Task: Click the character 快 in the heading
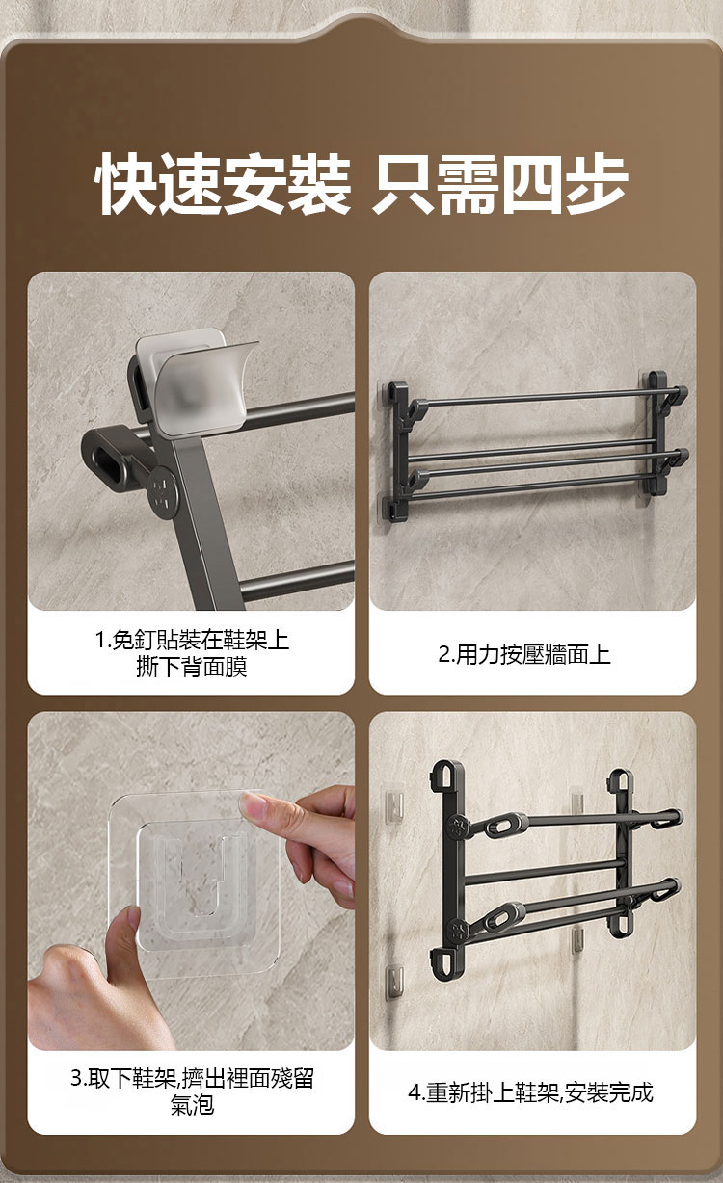point(125,183)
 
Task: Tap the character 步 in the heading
point(596,183)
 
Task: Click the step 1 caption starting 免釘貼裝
point(193,640)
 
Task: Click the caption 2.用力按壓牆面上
point(524,654)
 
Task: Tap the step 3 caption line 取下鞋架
point(193,1078)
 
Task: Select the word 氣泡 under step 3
point(193,1104)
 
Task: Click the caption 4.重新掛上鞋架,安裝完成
point(530,1091)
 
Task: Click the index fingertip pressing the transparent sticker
point(253,804)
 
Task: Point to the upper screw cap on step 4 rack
point(458,828)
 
